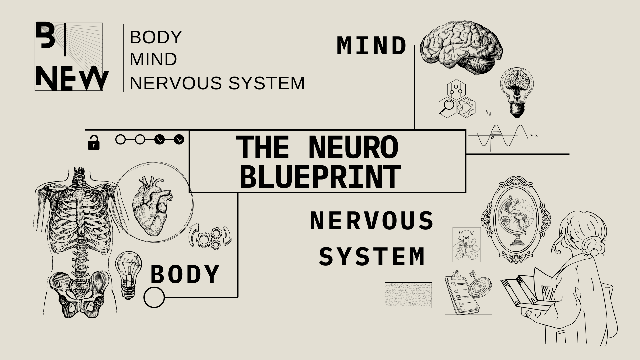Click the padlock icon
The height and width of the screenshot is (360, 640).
pos(94,143)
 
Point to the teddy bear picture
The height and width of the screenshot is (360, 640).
pos(466,245)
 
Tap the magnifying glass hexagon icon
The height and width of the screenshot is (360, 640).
pos(447,106)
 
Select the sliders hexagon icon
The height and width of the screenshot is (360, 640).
pos(456,89)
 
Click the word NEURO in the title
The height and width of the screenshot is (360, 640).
pos(353,148)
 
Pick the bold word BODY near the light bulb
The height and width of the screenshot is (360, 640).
pos(185,274)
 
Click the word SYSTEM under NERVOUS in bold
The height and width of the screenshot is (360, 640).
pos(372,257)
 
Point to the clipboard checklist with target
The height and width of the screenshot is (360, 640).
pos(468,292)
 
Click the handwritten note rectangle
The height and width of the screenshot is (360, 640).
pos(408,295)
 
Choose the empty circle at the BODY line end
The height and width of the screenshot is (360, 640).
pos(154,297)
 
